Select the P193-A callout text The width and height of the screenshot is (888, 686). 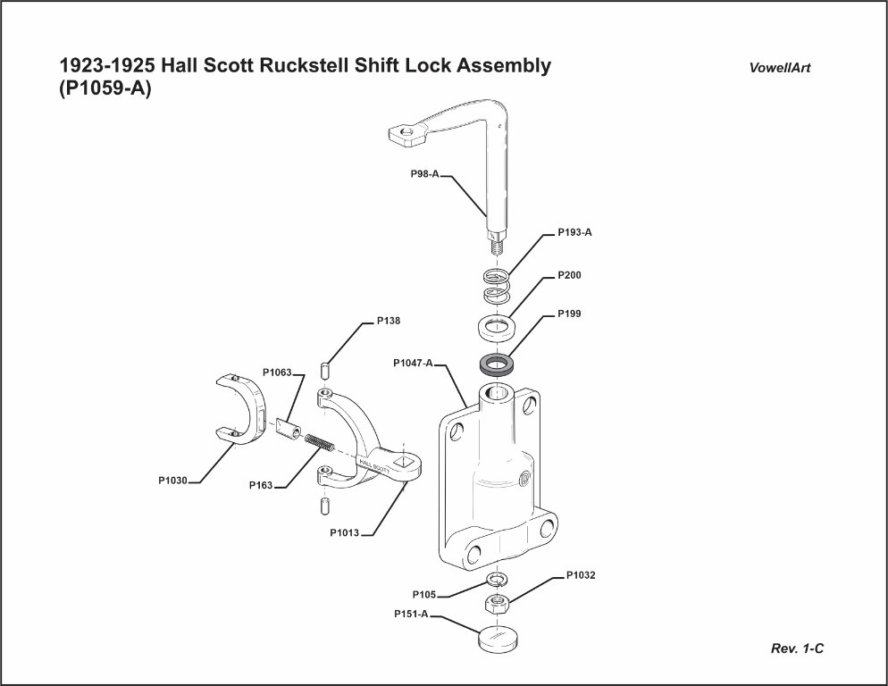(x=574, y=232)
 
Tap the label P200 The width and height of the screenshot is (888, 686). (x=569, y=275)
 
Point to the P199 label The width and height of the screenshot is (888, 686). (x=569, y=314)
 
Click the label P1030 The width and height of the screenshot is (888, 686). (x=173, y=481)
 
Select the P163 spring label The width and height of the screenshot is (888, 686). (x=261, y=486)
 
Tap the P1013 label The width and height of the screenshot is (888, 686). (x=344, y=533)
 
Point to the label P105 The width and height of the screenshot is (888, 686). (x=424, y=595)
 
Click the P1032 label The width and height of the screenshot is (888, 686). (x=581, y=576)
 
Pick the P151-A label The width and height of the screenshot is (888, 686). (x=412, y=615)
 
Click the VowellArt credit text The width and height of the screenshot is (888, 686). (x=780, y=69)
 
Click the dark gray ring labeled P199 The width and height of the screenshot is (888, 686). (x=496, y=364)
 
